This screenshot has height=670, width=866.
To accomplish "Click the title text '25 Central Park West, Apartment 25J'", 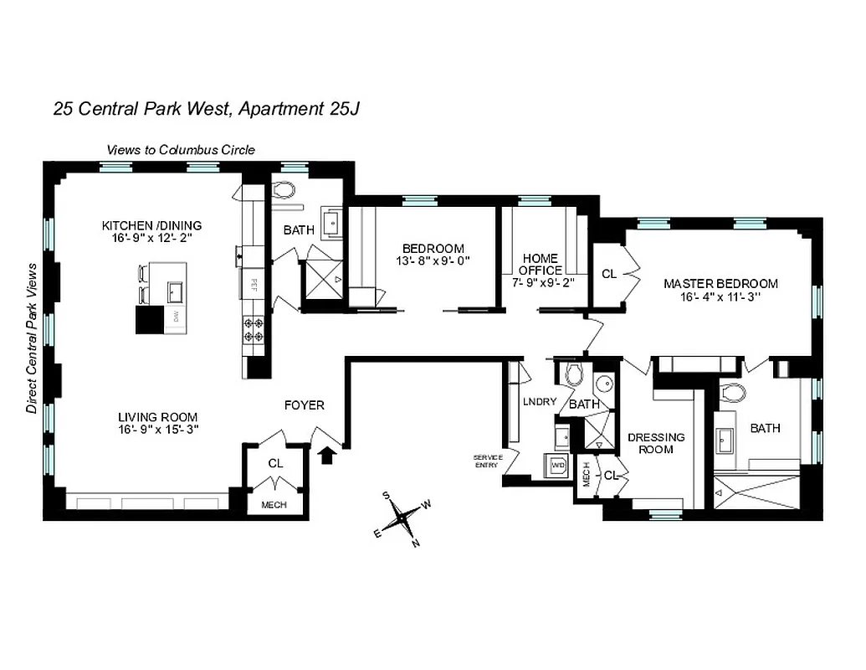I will [x=206, y=109].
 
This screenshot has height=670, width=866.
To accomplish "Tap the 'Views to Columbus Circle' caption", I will [x=180, y=150].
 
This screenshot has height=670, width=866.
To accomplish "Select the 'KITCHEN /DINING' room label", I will [x=151, y=225].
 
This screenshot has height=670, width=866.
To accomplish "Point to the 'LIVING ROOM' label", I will [x=157, y=416].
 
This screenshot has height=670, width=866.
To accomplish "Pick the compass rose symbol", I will [x=403, y=518].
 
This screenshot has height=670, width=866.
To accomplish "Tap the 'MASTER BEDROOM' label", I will [x=720, y=284].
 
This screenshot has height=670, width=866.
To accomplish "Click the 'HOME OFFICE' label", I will [x=541, y=264].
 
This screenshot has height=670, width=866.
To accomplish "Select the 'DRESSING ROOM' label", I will [x=656, y=443].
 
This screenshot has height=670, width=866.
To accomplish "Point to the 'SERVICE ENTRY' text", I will [x=485, y=460].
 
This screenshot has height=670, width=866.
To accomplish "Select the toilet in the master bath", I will [x=732, y=393].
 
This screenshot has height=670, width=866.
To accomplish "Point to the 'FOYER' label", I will [x=305, y=405].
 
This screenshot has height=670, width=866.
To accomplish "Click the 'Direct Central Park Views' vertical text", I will [x=32, y=338].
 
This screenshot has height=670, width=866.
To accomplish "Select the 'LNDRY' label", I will [x=540, y=402].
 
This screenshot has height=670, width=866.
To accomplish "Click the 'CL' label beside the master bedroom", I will [x=609, y=273].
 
